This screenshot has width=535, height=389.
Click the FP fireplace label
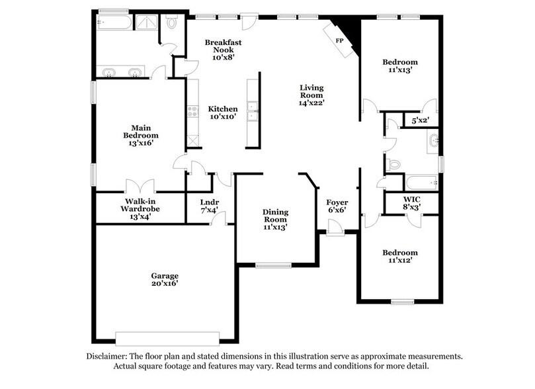340,40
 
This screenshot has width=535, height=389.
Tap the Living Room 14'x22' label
311,95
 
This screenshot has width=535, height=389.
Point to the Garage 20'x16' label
164,279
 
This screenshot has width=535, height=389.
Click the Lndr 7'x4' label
210,206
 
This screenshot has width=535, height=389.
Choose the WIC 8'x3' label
411,202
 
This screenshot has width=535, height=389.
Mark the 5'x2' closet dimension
420,121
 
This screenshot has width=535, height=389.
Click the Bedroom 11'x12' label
400,257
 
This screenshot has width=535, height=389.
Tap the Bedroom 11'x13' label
400,66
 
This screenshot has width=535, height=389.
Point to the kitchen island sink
252,112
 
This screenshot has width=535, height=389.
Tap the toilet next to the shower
172,23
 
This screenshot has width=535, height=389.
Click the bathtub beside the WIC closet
421,182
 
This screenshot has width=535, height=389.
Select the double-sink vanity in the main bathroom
121,71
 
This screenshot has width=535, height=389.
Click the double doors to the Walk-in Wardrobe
140,185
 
